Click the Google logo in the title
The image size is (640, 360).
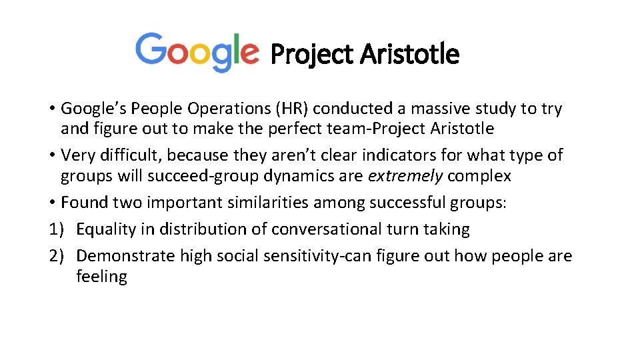[x=197, y=51]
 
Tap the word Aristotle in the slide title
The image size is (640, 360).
[x=409, y=54]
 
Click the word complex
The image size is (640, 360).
[x=479, y=176]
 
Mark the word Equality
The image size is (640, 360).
[x=107, y=230]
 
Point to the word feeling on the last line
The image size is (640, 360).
[x=101, y=277]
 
